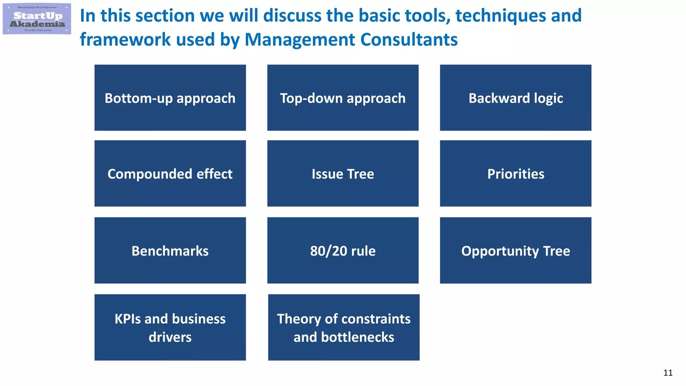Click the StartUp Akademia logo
click(x=37, y=19)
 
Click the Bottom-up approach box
click(x=170, y=98)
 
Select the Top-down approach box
click(x=343, y=98)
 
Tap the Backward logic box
click(x=516, y=98)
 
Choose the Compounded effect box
click(x=170, y=174)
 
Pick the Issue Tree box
click(x=343, y=174)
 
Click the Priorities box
click(x=516, y=174)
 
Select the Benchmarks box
click(x=170, y=251)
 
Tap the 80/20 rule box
click(x=343, y=251)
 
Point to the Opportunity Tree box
click(x=516, y=251)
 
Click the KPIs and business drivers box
click(x=170, y=327)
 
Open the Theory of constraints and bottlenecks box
click(x=344, y=327)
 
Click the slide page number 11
click(x=668, y=373)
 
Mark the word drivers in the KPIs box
click(x=170, y=337)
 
